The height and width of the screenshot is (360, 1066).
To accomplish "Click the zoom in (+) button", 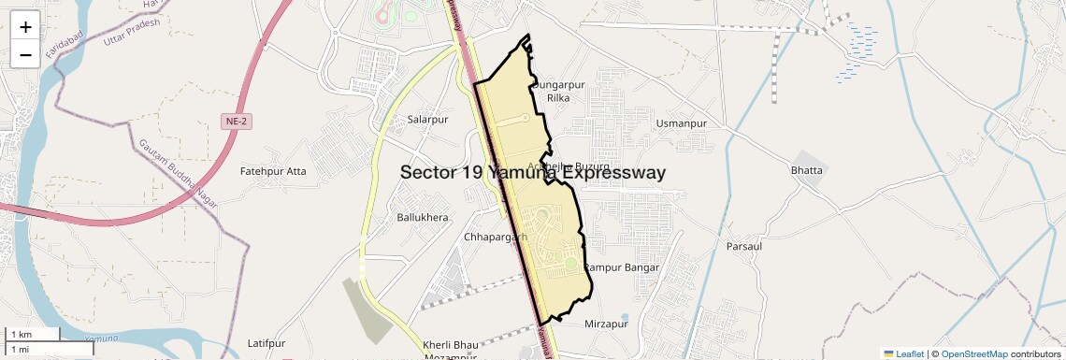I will pyautogui.click(x=25, y=27).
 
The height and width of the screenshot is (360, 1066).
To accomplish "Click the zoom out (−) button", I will pyautogui.click(x=25, y=54).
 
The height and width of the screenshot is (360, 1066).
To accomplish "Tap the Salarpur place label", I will pyautogui.click(x=428, y=120).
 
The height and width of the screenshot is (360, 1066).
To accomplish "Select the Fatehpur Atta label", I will pyautogui.click(x=273, y=171).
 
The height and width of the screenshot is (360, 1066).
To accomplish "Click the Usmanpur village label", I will pyautogui.click(x=681, y=123).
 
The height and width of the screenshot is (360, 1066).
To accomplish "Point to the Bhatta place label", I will pyautogui.click(x=807, y=170).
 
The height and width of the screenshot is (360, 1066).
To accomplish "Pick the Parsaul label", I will pyautogui.click(x=744, y=246).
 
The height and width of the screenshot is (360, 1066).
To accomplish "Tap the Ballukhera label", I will pyautogui.click(x=424, y=217).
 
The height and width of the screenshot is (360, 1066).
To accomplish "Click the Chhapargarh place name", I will pyautogui.click(x=496, y=238).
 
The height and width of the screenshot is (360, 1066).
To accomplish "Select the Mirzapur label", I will pyautogui.click(x=606, y=324).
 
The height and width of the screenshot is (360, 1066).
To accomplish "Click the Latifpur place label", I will pyautogui.click(x=266, y=344).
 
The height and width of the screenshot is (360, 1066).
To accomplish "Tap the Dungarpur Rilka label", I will pyautogui.click(x=558, y=91).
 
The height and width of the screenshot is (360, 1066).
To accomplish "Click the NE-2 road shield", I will pyautogui.click(x=237, y=122).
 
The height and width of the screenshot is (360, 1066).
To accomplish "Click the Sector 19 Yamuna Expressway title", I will pyautogui.click(x=533, y=173).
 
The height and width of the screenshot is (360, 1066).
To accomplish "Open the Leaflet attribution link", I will pyautogui.click(x=904, y=353).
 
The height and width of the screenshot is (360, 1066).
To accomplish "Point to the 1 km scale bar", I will pyautogui.click(x=34, y=335).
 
